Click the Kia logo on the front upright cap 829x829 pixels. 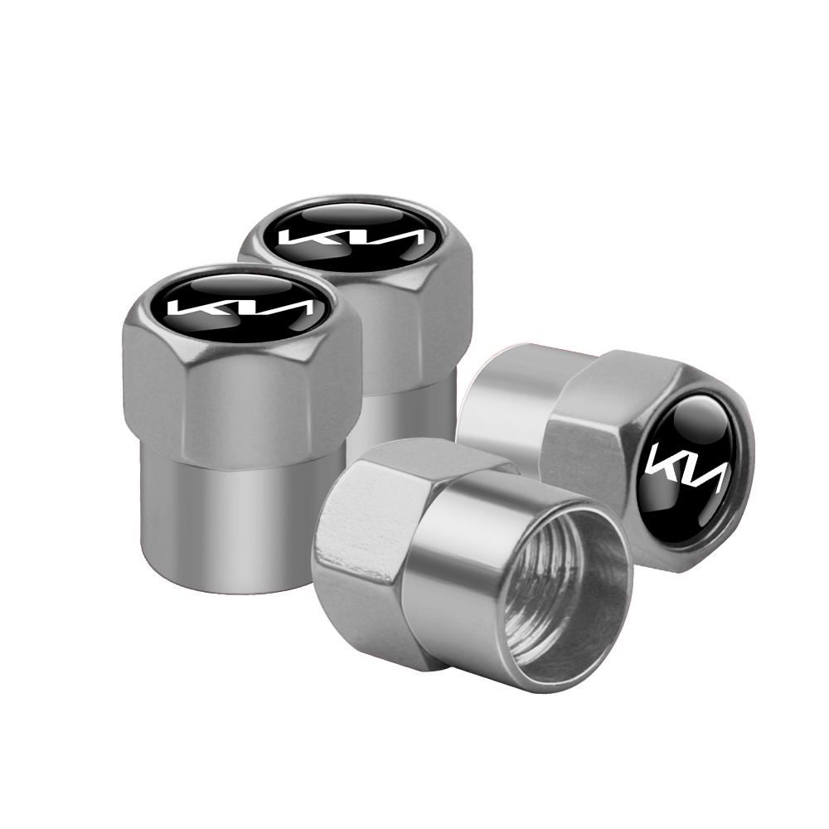point(241,308)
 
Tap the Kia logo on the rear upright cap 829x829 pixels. point(353,236)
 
